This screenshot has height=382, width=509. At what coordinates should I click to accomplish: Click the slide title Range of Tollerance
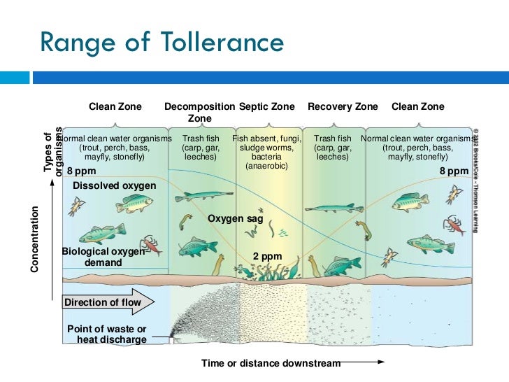coord(162,43)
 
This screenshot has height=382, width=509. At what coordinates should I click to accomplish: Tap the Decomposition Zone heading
coord(200,113)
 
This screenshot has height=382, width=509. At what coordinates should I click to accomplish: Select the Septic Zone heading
coord(267,107)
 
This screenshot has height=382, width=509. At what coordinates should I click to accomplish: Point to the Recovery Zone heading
coord(343,107)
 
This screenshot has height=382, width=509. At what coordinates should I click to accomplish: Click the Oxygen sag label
coord(236,219)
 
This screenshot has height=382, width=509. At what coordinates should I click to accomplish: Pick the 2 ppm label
coord(267,257)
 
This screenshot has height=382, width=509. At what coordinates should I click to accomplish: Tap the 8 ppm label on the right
coord(454,171)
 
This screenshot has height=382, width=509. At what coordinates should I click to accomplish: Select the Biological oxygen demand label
coord(103,257)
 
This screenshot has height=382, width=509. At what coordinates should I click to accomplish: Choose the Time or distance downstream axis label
coord(271,363)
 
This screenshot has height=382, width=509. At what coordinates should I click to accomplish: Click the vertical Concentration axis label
coord(34,239)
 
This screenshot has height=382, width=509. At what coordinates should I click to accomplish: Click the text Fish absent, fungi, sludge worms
coord(266,143)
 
